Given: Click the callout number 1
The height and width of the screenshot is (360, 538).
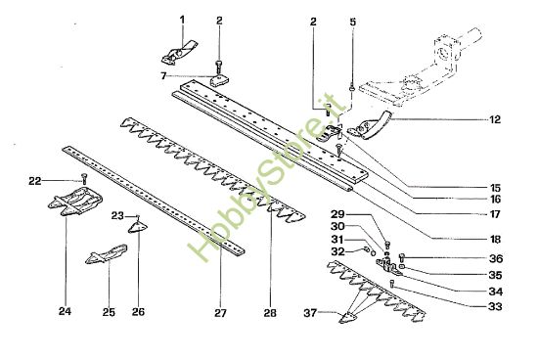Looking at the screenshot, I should pyautogui.click(x=180, y=20).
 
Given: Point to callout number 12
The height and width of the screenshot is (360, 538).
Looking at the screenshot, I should pyautogui.click(x=494, y=119).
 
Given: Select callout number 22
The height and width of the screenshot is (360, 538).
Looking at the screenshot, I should pyautogui.click(x=33, y=181).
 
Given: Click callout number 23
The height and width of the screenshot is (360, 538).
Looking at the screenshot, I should pyautogui.click(x=115, y=215).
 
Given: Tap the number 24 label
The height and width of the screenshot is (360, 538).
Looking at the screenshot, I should pyautogui.click(x=65, y=312).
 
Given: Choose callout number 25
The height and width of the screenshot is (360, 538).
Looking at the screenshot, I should pyautogui.click(x=109, y=312).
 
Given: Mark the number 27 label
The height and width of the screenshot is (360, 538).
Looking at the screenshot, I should pyautogui.click(x=220, y=312).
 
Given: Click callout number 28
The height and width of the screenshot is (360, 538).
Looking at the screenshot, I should pyautogui.click(x=270, y=312).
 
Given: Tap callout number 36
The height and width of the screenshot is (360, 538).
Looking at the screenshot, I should pyautogui.click(x=494, y=258).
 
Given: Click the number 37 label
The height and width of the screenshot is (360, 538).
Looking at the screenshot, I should pyautogui.click(x=310, y=313).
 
